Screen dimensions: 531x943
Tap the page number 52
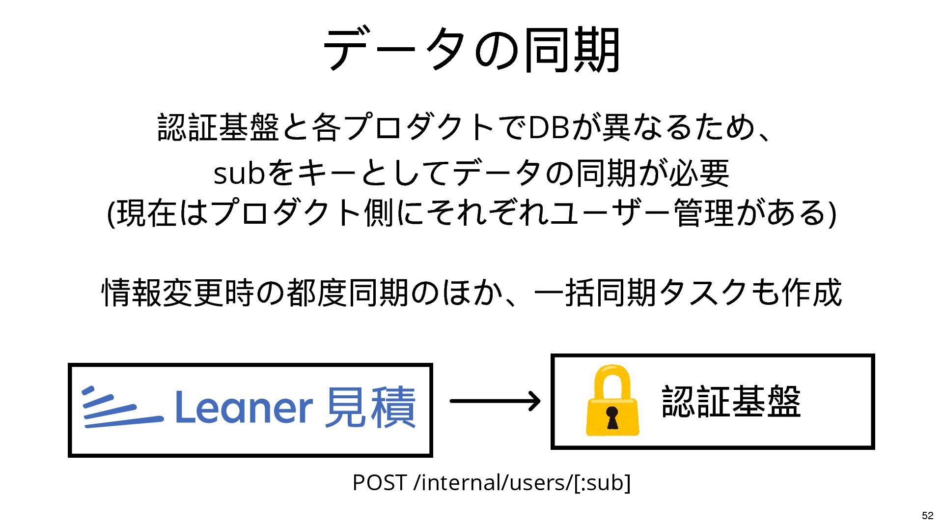[927, 515]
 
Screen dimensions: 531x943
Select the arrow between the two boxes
[495, 401]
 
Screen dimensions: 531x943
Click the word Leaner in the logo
[244, 407]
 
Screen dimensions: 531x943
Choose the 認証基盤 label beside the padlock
[731, 402]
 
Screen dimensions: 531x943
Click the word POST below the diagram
[379, 482]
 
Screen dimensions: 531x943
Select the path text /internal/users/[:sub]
[522, 482]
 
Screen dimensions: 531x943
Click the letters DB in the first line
[548, 127]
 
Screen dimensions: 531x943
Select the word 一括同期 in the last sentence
[595, 293]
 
